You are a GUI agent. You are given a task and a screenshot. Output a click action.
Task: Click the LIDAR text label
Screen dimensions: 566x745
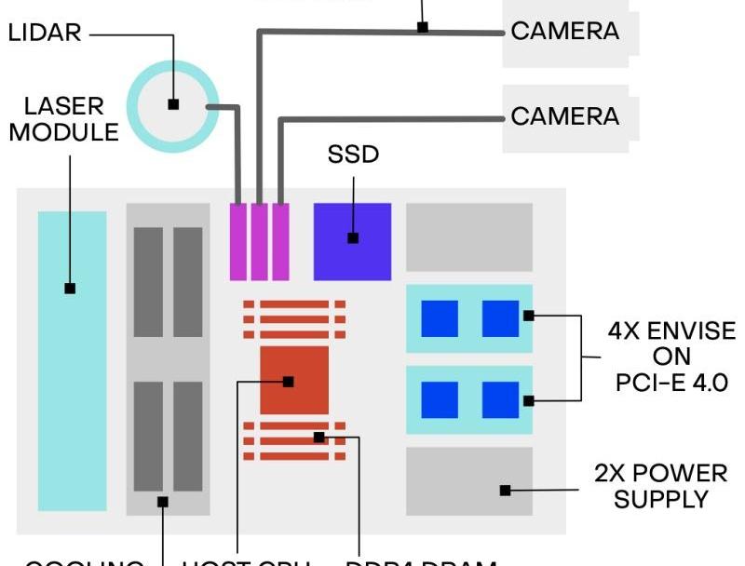[x=45, y=34]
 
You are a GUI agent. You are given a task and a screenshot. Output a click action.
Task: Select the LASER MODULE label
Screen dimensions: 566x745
[x=64, y=118]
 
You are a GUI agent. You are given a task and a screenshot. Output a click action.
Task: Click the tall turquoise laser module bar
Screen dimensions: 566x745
[x=72, y=372]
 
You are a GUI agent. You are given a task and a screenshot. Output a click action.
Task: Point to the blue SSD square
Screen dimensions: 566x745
[x=352, y=241]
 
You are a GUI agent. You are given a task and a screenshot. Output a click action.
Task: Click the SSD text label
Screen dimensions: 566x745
[x=354, y=155]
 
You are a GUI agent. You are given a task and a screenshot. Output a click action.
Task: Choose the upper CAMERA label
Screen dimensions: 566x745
[x=564, y=31]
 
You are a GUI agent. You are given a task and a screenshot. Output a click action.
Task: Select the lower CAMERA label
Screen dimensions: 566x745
[x=564, y=116]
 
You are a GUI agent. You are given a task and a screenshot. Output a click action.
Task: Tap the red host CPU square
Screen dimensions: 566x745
[x=294, y=380]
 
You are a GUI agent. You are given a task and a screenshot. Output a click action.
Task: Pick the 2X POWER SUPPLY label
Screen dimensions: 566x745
[x=660, y=486]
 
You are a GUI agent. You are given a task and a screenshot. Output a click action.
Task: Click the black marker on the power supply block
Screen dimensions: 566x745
[x=506, y=491]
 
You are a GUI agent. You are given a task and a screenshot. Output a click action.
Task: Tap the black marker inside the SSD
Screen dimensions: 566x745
[x=353, y=238]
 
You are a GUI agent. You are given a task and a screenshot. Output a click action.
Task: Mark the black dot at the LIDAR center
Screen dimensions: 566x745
[x=173, y=104]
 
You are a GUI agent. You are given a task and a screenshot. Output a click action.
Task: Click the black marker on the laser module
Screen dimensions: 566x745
[x=70, y=289]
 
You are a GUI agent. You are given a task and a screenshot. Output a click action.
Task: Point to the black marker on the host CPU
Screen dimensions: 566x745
[x=289, y=382]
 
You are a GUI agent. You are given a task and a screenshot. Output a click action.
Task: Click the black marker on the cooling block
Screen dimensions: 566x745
[x=163, y=502]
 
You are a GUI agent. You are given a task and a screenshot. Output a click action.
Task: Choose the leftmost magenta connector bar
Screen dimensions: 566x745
[x=237, y=241]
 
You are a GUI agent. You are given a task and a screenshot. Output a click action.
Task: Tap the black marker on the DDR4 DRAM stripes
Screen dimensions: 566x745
[x=319, y=437]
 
